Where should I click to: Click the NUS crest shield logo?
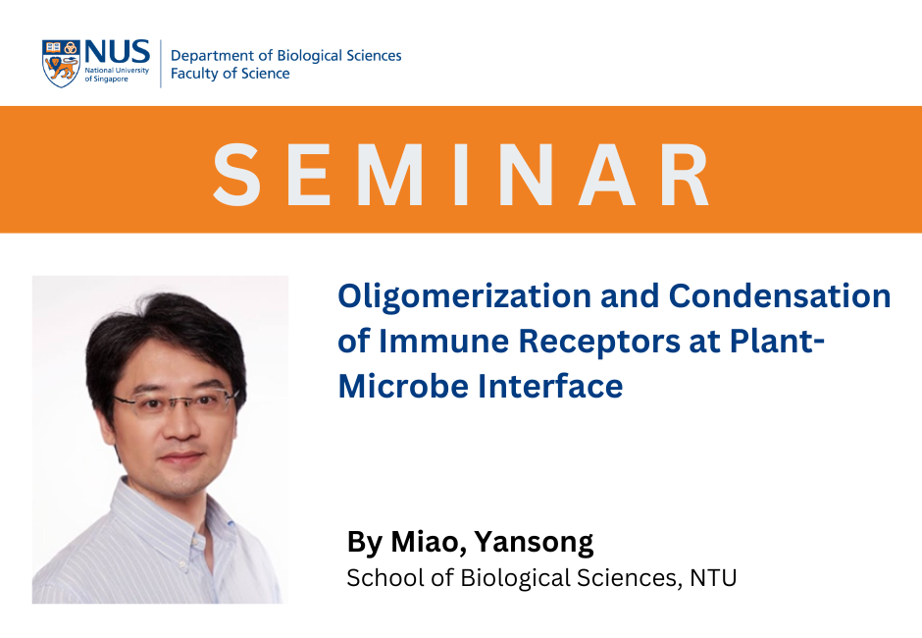pos(62,63)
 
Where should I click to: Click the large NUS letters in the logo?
pos(117,52)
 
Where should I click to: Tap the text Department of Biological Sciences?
pos(285,55)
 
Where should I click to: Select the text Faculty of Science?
pos(230,74)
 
